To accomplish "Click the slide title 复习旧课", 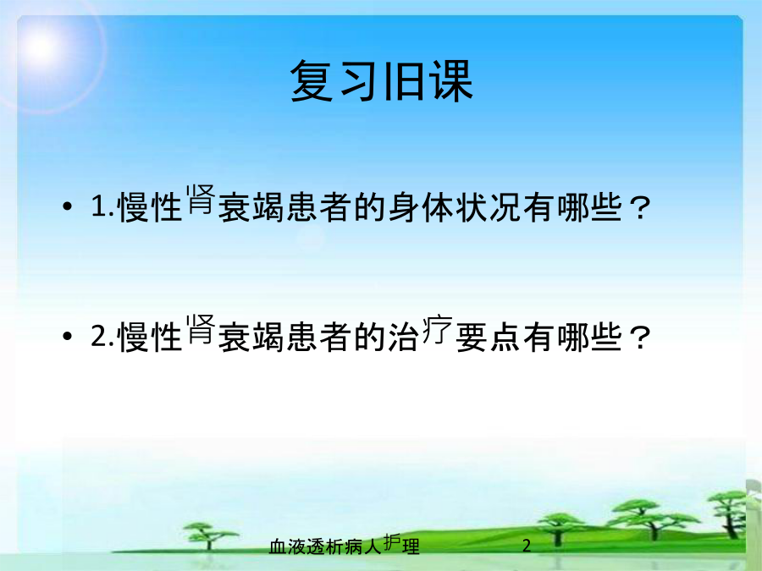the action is pos(382,81).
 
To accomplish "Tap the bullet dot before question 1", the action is pos(68,206).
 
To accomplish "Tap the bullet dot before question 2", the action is pos(68,336).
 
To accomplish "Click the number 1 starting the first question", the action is pos(100,206).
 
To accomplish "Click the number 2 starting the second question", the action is pos(99,335).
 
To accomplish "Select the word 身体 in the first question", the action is pos(422,207).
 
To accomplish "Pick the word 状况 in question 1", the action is pos(489,207).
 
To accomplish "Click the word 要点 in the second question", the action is pos(489,337).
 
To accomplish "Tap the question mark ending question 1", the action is pos(639,209).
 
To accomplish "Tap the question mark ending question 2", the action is pos(639,338).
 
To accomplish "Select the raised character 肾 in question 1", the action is pos(201,199).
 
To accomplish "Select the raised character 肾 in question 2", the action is pos(201,329).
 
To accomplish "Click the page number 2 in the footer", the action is pos(527,546).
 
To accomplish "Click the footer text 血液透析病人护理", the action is pos(345,546).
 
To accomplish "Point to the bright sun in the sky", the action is pos(41,47).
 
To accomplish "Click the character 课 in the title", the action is pos(452,81).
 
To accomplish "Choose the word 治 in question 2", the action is pos(404,337).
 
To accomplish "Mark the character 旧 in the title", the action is pos(403,81).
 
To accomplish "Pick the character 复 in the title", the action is pos(312,81).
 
